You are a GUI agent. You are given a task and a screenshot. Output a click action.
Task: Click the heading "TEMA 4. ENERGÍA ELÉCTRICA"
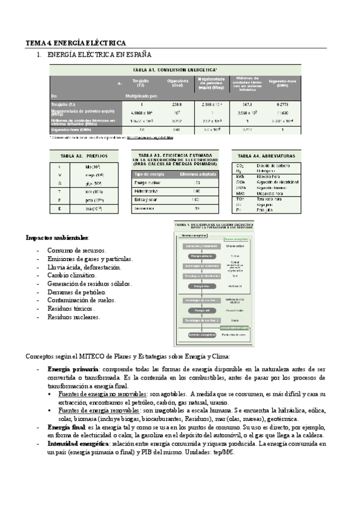(x=75, y=43)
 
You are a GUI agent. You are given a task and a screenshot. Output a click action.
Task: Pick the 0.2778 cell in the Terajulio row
(x=283, y=104)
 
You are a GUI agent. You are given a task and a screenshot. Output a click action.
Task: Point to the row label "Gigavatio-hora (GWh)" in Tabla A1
(x=72, y=129)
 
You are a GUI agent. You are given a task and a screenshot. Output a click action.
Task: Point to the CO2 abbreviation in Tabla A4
(x=240, y=165)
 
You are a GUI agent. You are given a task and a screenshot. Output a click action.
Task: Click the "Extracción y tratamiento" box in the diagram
(x=198, y=245)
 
